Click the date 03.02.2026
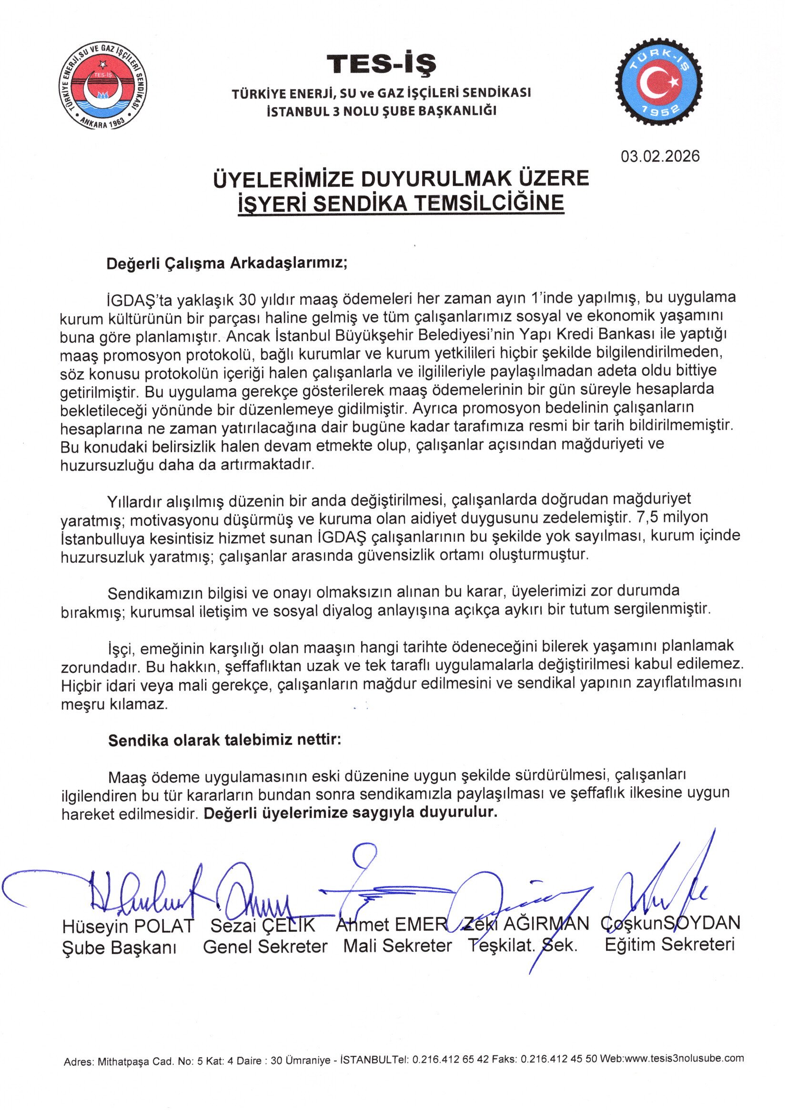click(x=660, y=156)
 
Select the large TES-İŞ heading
click(x=382, y=63)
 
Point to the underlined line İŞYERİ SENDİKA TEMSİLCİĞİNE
click(x=401, y=203)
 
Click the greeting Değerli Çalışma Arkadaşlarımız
click(x=227, y=263)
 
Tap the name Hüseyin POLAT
click(x=128, y=926)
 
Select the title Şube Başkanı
click(x=120, y=948)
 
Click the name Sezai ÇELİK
click(x=263, y=925)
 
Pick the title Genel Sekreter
click(x=265, y=947)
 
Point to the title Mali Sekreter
click(x=397, y=946)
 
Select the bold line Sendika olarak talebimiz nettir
click(x=225, y=740)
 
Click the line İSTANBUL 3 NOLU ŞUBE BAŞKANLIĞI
click(x=382, y=111)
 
